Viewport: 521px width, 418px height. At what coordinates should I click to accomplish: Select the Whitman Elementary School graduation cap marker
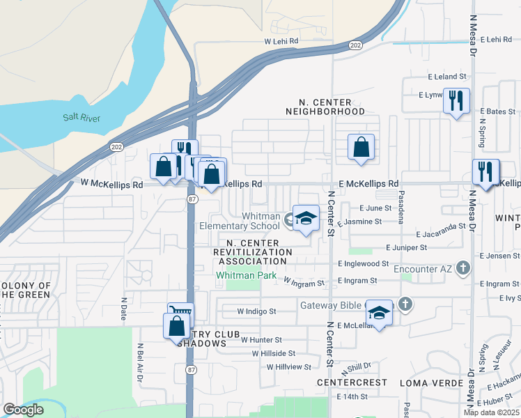pyautogui.click(x=306, y=219)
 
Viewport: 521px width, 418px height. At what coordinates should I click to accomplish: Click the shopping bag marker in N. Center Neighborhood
pyautogui.click(x=361, y=148)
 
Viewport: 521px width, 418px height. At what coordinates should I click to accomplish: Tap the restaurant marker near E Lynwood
pyautogui.click(x=456, y=102)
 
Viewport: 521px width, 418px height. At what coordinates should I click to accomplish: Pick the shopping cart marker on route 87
pyautogui.click(x=180, y=314)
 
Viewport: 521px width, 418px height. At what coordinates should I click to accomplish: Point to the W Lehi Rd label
pyautogui.click(x=281, y=42)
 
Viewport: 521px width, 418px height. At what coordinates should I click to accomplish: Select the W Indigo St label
pyautogui.click(x=257, y=311)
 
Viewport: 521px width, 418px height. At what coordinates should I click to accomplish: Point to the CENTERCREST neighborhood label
pyautogui.click(x=351, y=383)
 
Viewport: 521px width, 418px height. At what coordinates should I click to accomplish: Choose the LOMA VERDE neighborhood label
pyautogui.click(x=432, y=383)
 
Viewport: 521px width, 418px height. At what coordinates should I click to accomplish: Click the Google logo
pyautogui.click(x=22, y=410)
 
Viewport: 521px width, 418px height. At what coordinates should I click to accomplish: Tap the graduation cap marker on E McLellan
pyautogui.click(x=379, y=313)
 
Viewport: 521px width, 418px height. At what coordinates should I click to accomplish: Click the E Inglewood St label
pyautogui.click(x=363, y=264)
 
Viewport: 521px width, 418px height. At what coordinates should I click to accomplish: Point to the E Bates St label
pyautogui.click(x=497, y=111)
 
